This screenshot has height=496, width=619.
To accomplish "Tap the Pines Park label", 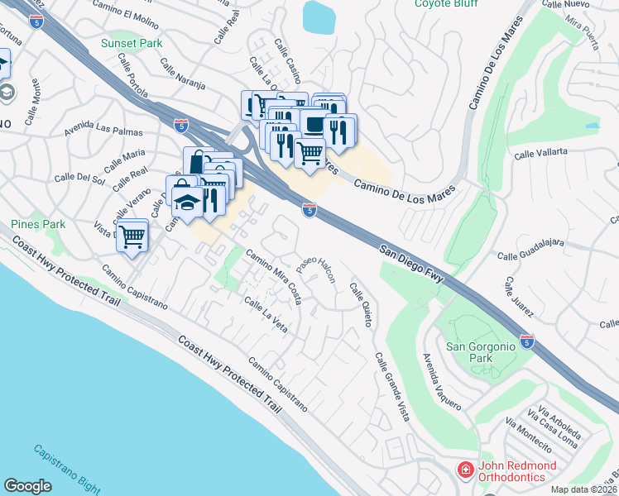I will coord(38,224).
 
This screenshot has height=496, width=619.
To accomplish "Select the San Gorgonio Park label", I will coord(481,352).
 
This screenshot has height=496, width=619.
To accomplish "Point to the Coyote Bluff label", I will coord(446,4).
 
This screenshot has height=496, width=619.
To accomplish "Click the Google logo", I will coord(27,485).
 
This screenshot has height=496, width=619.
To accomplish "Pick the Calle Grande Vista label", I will coord(391,388).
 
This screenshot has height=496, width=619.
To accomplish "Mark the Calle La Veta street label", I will coord(266,315).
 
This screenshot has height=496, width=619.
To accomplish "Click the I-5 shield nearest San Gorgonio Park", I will coord(527,340).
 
